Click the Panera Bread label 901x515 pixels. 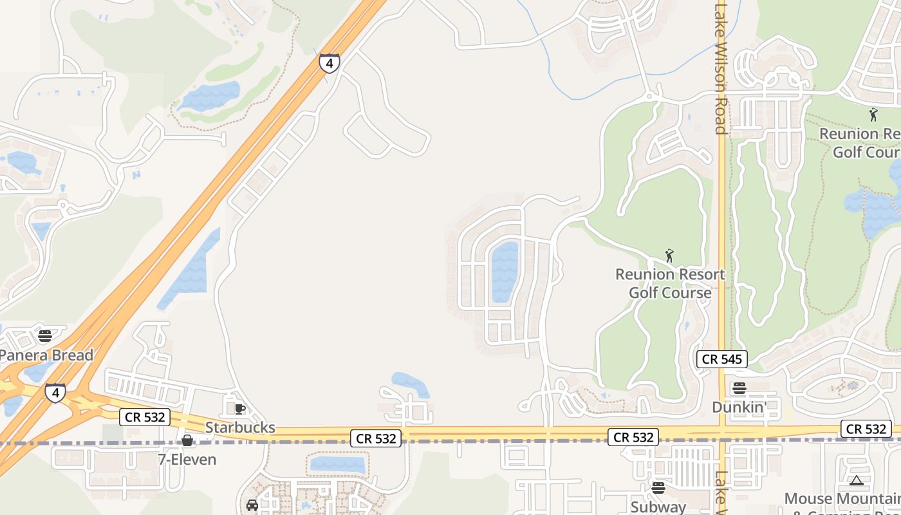[46, 355]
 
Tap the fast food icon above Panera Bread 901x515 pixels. [45, 335]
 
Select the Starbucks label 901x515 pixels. [240, 427]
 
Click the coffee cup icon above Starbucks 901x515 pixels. [240, 408]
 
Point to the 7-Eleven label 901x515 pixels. [187, 460]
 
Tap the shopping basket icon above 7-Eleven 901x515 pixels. [187, 440]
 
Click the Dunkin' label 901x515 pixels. [739, 407]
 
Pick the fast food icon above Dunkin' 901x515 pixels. [739, 388]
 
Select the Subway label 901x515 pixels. [658, 507]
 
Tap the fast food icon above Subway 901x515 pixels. [658, 487]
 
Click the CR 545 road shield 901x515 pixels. [722, 359]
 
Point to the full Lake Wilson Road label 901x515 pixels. [721, 68]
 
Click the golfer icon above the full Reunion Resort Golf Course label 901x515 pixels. [669, 256]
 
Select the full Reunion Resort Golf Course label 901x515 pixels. [670, 283]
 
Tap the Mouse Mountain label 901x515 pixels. [842, 499]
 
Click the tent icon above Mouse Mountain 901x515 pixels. [856, 480]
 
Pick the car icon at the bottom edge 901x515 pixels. [252, 505]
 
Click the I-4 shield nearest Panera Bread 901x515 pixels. [55, 392]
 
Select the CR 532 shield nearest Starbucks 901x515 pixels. [145, 417]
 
